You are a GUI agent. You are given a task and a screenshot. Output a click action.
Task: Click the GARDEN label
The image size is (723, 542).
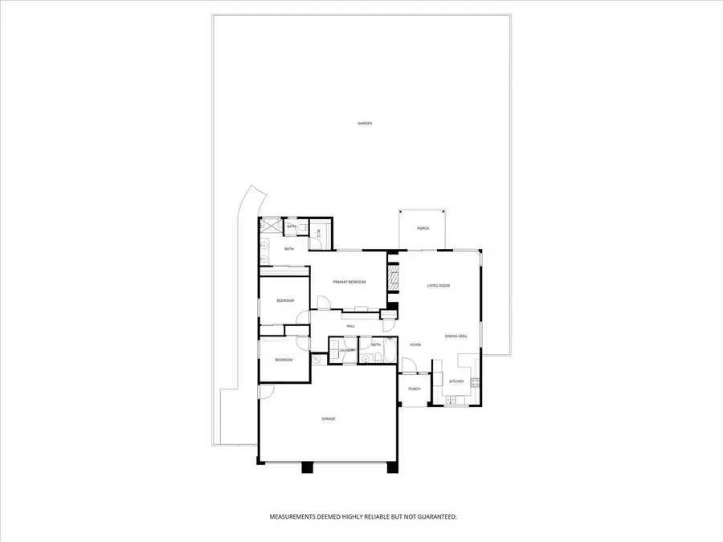(365, 124)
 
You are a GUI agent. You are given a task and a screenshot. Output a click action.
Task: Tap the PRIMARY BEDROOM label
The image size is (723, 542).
(350, 282)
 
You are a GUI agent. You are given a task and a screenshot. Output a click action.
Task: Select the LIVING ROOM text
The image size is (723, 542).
(438, 286)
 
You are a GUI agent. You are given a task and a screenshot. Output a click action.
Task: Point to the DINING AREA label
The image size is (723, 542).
(455, 336)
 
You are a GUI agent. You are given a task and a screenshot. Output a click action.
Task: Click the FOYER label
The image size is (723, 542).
(415, 344)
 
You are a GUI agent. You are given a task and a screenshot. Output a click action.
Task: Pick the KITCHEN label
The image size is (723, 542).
(456, 381)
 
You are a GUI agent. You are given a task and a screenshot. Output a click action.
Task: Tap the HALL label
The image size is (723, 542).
(350, 326)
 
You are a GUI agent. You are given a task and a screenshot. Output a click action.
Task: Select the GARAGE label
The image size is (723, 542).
(328, 419)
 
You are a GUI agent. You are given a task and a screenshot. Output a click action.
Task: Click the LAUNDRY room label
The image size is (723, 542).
(347, 351)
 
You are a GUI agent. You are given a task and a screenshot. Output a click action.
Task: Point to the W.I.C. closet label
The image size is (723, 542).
(319, 233)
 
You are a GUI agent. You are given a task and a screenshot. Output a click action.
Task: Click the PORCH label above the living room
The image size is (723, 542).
(423, 229)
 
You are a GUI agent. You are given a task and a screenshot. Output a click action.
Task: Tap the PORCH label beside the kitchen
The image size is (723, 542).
(415, 389)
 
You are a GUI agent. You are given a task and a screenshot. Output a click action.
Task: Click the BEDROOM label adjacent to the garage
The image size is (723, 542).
(284, 360)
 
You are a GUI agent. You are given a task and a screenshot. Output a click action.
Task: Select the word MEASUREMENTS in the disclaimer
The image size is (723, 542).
(294, 516)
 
